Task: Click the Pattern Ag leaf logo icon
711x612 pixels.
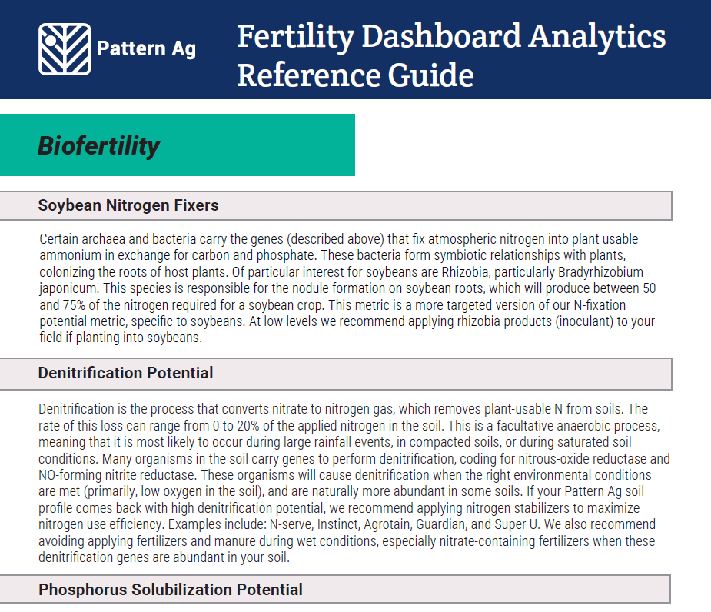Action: pos(65,49)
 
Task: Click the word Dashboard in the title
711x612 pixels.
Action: pos(441,36)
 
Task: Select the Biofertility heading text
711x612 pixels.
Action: pos(99,146)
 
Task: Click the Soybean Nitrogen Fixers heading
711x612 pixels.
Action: pos(128,205)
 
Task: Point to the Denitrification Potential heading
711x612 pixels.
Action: pos(125,373)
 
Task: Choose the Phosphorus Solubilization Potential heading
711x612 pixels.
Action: pos(171,589)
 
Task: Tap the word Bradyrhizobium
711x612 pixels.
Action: pos(601,272)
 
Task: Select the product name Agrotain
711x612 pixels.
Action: pos(387,525)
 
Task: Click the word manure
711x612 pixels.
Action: pos(234,542)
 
